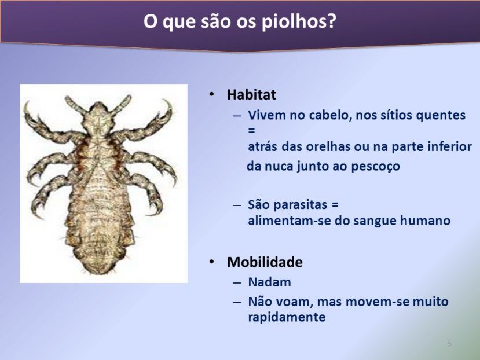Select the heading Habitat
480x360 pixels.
click(x=251, y=94)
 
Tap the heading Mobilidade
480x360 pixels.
click(x=265, y=262)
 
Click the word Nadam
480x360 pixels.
click(x=269, y=282)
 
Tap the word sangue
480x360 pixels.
click(x=375, y=221)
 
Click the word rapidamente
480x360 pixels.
click(x=287, y=317)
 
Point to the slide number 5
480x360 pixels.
click(x=449, y=343)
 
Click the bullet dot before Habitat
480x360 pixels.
click(x=211, y=94)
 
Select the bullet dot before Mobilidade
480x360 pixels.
click(x=211, y=262)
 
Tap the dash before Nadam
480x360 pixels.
click(x=237, y=282)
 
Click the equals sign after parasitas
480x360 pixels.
click(x=335, y=205)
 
